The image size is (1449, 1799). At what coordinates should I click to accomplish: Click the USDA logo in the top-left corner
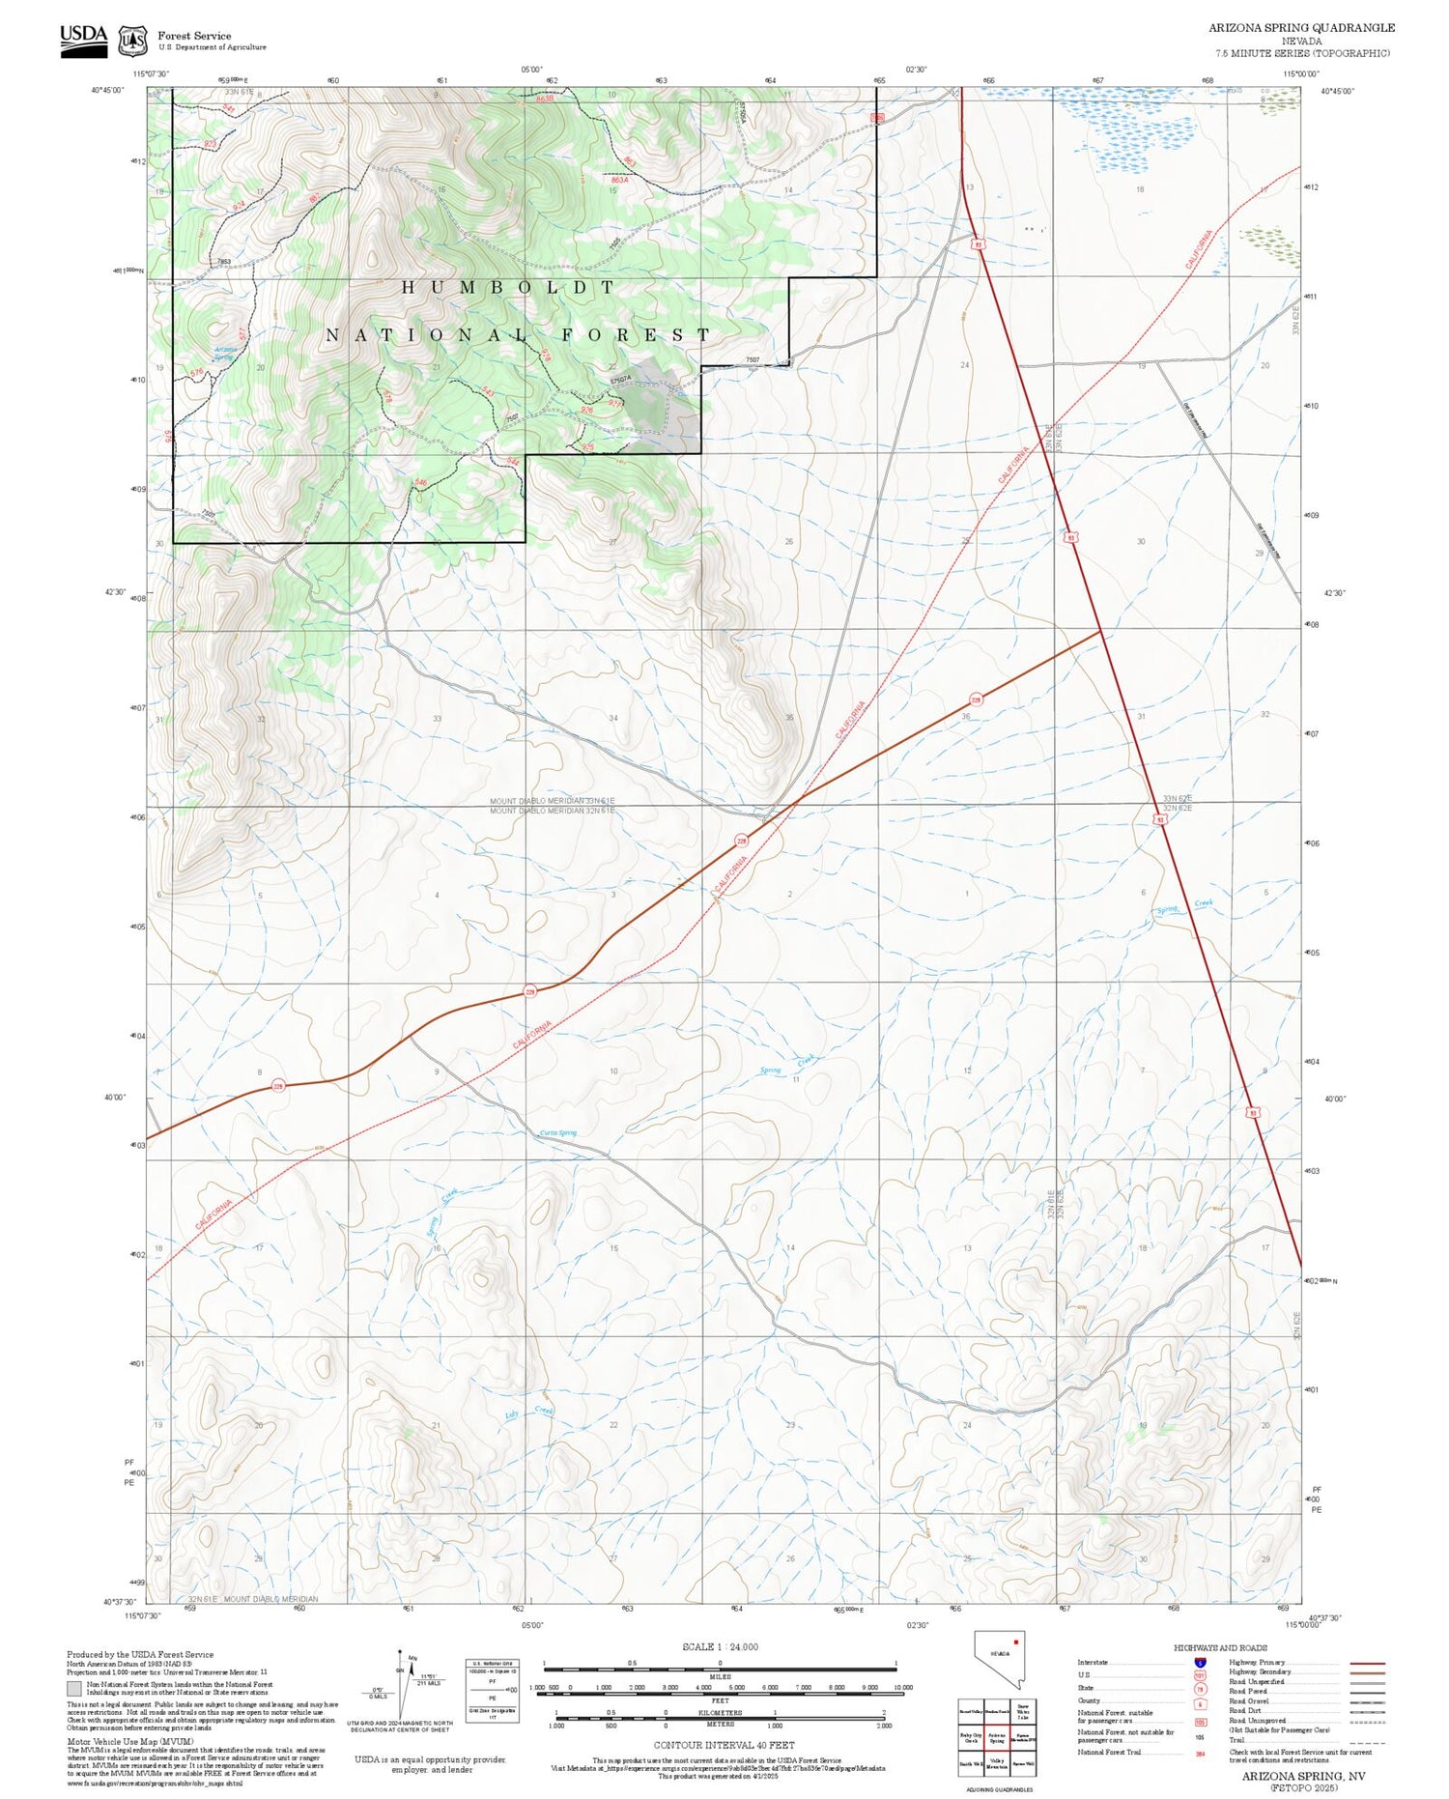[83, 40]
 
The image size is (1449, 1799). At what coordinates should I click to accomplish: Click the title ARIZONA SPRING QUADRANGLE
[1301, 28]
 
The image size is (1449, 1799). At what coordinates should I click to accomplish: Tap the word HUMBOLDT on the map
[508, 287]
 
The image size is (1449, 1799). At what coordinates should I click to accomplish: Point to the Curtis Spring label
[557, 1133]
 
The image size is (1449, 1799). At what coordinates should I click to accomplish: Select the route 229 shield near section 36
[976, 699]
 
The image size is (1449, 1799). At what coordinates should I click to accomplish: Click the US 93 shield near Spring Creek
[1159, 819]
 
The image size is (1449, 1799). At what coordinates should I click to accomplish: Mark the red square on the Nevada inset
[1016, 1642]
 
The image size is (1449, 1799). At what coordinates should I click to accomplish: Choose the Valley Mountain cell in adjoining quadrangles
[998, 1763]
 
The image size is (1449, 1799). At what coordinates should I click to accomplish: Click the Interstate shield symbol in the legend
[1200, 1662]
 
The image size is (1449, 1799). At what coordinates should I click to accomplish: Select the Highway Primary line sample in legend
[1364, 1663]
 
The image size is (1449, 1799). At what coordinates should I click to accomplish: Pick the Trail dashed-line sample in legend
[1364, 1740]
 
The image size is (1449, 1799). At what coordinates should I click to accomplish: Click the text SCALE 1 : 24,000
[720, 1646]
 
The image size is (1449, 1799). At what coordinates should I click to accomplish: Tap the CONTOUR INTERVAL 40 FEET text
[724, 1745]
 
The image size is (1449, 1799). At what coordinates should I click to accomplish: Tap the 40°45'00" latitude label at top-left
[108, 90]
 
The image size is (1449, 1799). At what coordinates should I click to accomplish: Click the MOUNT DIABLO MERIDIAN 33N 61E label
[552, 801]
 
